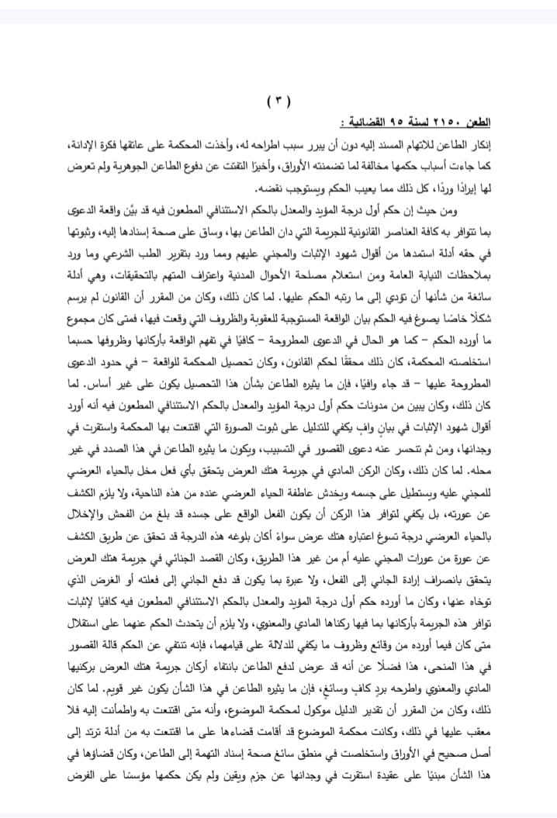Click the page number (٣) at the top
[279, 101]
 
